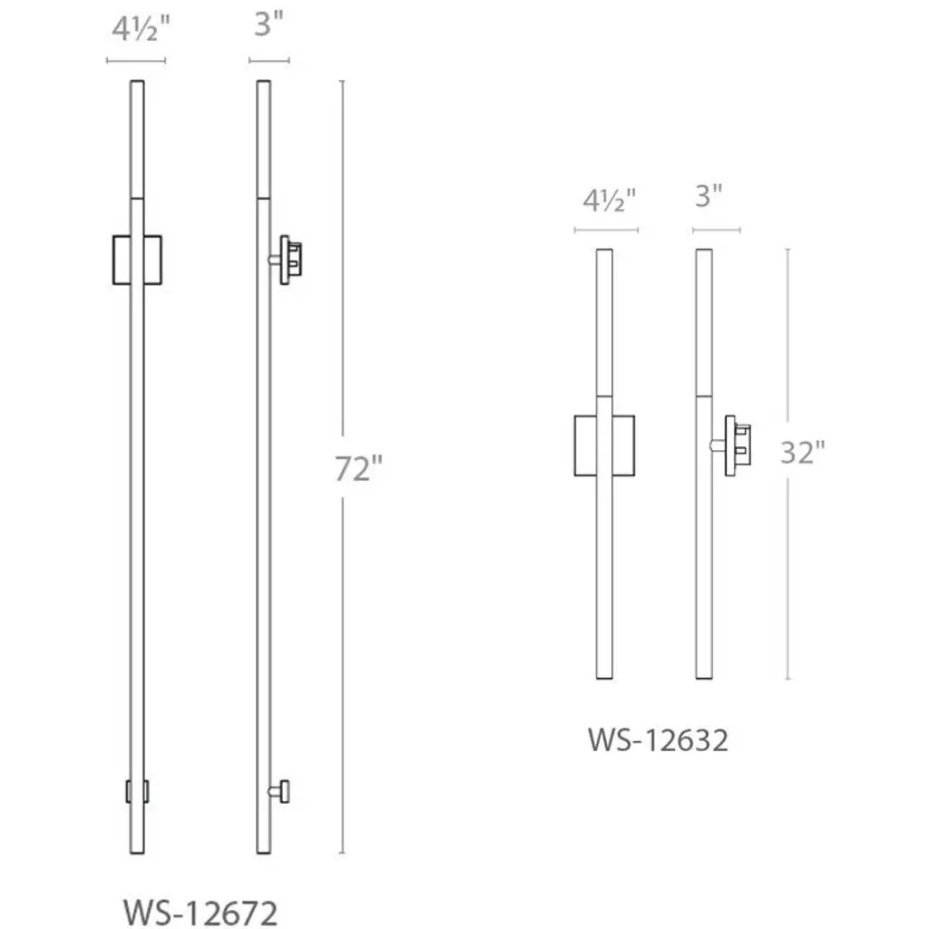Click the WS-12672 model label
point(200,913)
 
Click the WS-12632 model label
point(658,740)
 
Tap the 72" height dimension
point(358,468)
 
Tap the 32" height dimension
point(802,453)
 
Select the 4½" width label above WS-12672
point(141,28)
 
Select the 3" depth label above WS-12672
point(269,24)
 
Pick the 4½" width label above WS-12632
point(609,200)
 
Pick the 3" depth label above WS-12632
point(709,196)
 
